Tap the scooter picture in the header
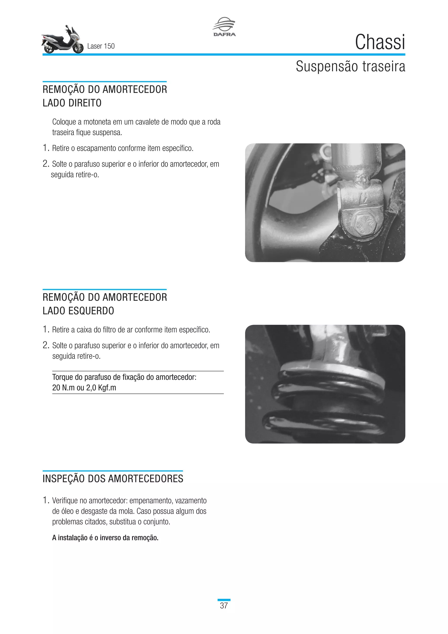(x=63, y=40)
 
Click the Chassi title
(x=380, y=42)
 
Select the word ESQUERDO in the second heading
(x=91, y=311)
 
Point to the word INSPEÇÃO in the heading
(x=64, y=479)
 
